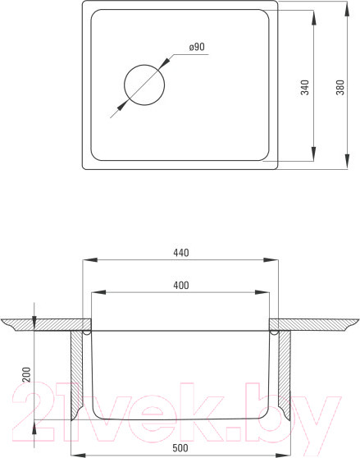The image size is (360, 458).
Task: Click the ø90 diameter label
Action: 197,47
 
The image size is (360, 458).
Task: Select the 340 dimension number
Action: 304,87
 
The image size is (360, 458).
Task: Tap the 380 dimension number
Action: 340,87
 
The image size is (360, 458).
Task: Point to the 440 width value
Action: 181,252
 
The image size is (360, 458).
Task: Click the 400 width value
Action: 181,285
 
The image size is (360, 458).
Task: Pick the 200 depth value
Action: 26,374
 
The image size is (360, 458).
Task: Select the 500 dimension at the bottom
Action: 180,448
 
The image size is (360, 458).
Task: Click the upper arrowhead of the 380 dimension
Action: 347,8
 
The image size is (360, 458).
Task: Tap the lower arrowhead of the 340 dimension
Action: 313,153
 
